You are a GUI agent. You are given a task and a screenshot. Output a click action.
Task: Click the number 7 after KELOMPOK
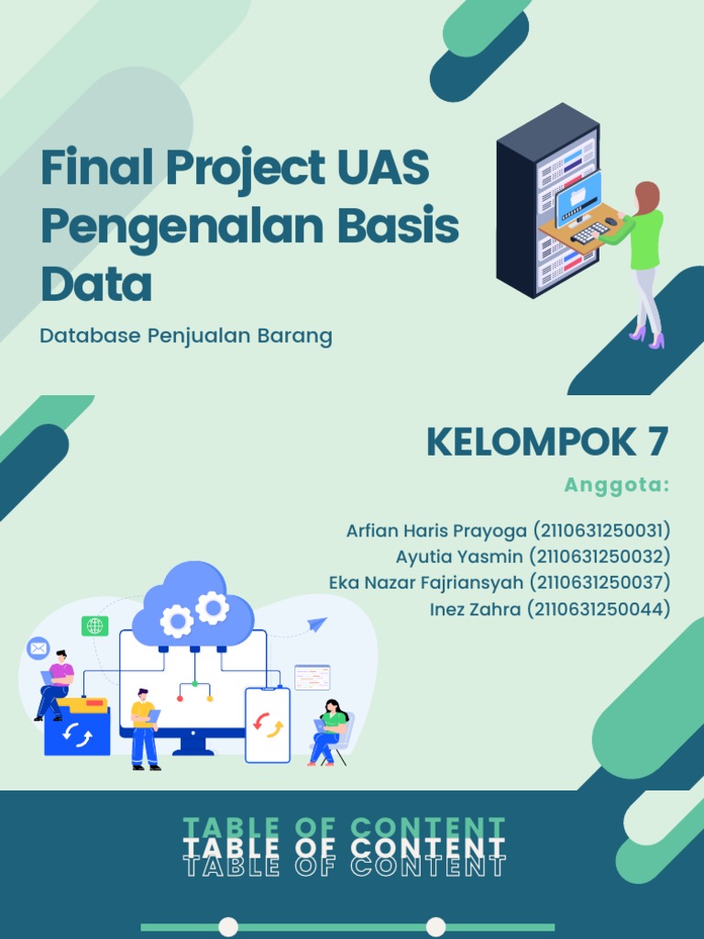(656, 443)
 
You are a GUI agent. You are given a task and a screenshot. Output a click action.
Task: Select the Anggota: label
(617, 485)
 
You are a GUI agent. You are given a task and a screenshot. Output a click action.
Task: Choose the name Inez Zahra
(475, 608)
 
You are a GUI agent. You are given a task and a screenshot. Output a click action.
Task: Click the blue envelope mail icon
(38, 648)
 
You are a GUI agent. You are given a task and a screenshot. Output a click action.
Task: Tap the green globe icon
(94, 626)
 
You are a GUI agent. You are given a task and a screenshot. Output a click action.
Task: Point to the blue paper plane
(317, 624)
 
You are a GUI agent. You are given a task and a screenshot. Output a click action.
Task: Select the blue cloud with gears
(193, 608)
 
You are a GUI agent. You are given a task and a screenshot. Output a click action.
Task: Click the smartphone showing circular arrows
(268, 725)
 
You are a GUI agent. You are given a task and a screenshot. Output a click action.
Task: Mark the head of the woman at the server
(647, 195)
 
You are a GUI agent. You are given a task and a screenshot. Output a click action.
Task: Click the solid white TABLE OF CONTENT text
(345, 847)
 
